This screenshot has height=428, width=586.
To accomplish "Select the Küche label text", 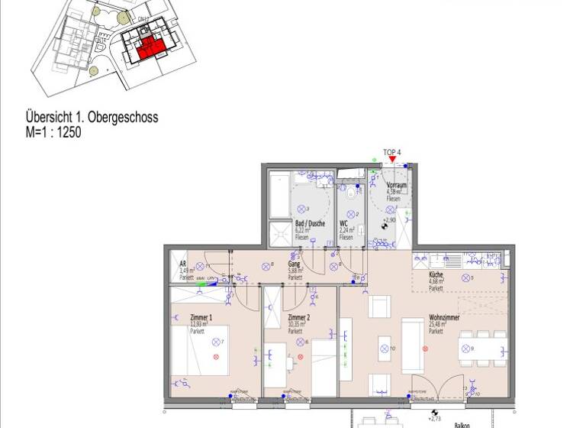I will [436, 274].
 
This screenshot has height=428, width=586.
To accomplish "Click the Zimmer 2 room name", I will [298, 317].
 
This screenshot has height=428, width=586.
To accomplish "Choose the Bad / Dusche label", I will [310, 223].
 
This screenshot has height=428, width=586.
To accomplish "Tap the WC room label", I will [343, 223].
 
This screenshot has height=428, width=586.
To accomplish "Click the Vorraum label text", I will [395, 185].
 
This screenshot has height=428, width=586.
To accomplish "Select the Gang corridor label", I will [293, 262].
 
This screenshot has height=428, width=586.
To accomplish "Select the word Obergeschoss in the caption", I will [123, 118].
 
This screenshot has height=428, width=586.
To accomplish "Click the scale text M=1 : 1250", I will [53, 131].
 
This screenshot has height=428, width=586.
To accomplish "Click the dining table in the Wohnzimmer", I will [478, 349].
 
